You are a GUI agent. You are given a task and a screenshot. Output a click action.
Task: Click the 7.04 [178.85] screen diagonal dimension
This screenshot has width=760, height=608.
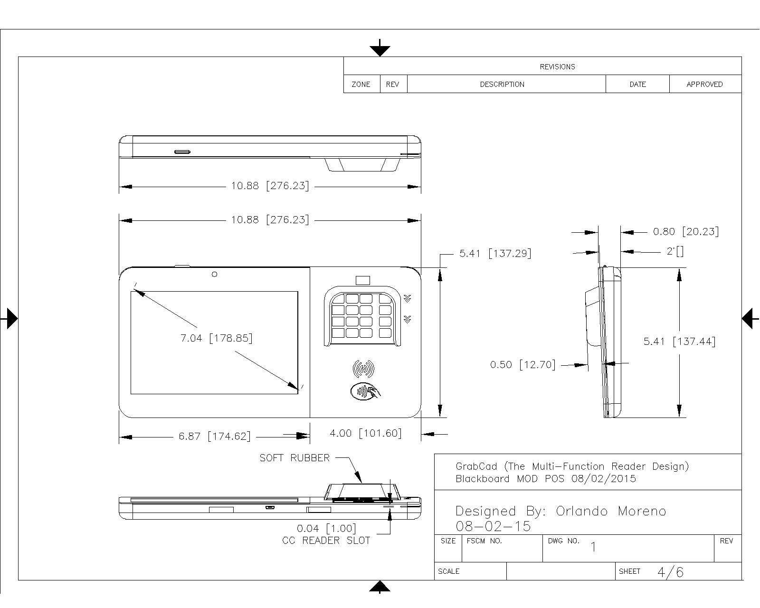point(217,338)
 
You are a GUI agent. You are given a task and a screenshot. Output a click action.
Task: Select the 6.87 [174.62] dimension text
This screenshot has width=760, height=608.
point(214,437)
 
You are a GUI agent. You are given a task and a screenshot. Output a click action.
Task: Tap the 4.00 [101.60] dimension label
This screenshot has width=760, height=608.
point(366,433)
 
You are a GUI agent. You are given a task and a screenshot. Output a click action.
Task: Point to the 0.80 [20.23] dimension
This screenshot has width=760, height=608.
point(686,231)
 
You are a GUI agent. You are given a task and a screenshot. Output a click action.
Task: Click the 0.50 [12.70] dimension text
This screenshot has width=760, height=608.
point(522,364)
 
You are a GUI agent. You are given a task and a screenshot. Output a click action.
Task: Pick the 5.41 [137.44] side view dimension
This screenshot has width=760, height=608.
point(679,341)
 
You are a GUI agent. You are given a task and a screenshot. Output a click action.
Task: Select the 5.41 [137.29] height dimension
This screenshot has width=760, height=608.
point(495,253)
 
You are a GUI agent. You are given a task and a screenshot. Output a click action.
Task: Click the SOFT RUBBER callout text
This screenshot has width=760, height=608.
point(294,458)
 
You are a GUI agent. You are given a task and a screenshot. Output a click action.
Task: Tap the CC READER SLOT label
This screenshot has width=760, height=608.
point(326,541)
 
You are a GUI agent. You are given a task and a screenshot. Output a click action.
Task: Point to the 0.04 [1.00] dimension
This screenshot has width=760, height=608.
point(326,529)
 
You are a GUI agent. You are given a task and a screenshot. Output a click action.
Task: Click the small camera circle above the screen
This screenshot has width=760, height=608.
point(214,274)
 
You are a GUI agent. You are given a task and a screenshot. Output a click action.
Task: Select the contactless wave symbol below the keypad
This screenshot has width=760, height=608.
point(363,369)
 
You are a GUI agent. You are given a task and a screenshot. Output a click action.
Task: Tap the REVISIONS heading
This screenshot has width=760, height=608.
point(557,67)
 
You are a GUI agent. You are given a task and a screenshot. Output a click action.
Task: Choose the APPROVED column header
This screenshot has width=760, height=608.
point(704,85)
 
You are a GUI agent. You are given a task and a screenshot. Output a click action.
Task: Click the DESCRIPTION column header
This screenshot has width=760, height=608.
point(502,85)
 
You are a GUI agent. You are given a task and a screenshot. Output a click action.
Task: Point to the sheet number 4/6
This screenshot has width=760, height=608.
point(670,572)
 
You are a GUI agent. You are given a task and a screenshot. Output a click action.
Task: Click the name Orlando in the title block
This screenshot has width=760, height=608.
point(582,511)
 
